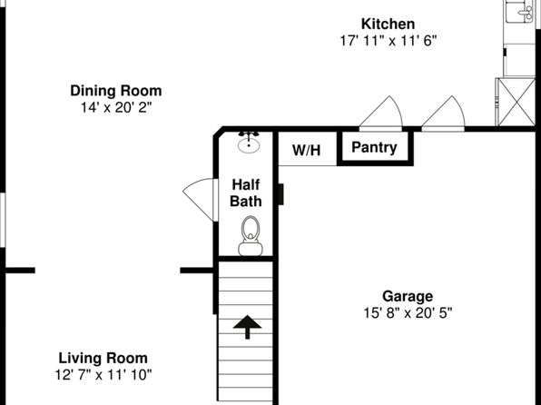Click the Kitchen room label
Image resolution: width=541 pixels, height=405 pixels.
pos(389,25)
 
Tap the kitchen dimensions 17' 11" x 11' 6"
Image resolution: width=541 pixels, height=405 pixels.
pos(389,41)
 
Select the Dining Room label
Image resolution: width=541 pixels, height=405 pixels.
pos(116,91)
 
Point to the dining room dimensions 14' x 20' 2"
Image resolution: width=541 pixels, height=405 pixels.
pos(116,107)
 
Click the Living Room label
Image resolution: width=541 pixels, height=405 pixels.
pos(103,358)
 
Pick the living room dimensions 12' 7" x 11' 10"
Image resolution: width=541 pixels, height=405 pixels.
pos(103,375)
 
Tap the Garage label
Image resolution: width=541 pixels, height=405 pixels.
pos(408,296)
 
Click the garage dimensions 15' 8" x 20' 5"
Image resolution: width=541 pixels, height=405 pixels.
pos(408,313)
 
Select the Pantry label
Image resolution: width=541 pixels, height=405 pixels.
pos(374,147)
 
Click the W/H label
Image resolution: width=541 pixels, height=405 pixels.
pos(307,150)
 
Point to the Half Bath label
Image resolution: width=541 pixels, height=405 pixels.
pos(246,193)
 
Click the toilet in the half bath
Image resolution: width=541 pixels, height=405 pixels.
pos(251,236)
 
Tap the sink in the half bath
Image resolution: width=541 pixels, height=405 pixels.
pos(249,142)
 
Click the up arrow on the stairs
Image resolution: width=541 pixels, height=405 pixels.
pos(247,327)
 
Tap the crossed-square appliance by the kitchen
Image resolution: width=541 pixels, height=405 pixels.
pos(516,102)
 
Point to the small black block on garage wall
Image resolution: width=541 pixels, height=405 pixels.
pos(280,194)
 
